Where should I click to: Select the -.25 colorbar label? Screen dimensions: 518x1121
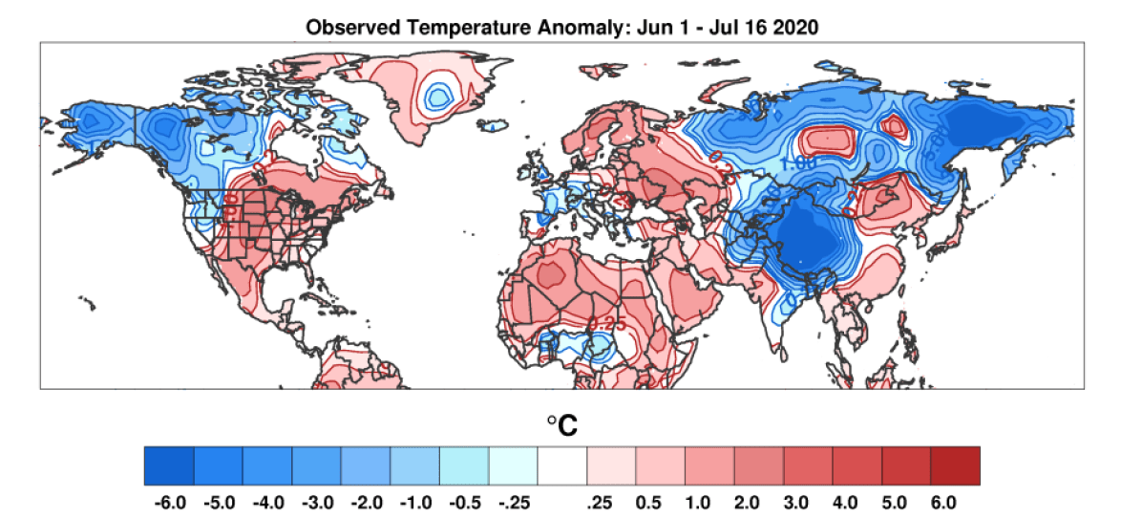click(x=513, y=501)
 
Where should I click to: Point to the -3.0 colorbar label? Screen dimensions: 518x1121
click(x=316, y=501)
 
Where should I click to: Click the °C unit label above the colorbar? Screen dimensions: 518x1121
click(x=561, y=425)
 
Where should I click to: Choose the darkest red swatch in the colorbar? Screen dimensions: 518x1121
click(x=955, y=465)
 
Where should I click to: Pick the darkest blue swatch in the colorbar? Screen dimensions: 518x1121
click(x=169, y=465)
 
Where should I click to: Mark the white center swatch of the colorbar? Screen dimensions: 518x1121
click(x=561, y=465)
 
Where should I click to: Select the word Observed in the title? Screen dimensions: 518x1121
click(x=348, y=28)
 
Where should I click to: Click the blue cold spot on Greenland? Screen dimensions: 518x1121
click(x=439, y=95)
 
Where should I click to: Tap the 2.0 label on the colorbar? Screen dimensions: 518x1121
click(x=758, y=501)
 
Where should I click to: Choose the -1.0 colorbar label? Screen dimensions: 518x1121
click(x=414, y=501)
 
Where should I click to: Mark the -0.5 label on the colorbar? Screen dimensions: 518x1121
click(x=463, y=501)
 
